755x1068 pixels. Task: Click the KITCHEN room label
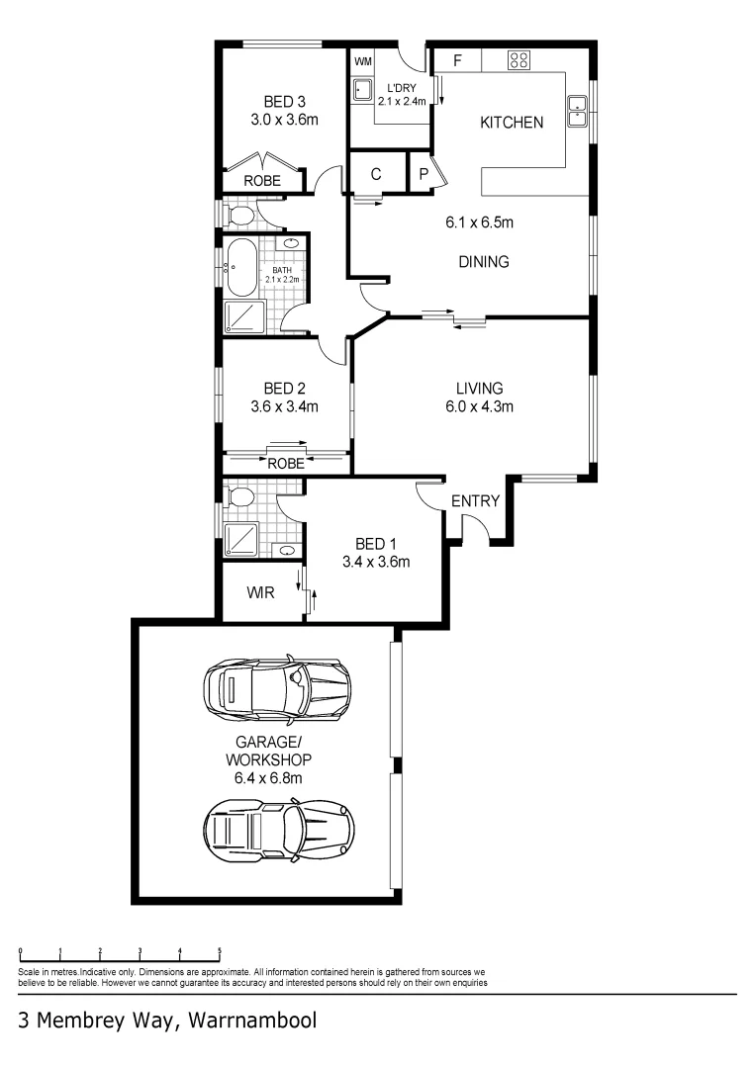[x=511, y=123]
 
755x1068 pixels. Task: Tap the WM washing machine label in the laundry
[x=362, y=61]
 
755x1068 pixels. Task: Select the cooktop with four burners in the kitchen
[x=519, y=59]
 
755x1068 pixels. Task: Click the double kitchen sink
[x=577, y=111]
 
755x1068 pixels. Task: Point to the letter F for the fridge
[x=457, y=60]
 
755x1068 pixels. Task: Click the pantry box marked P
[x=424, y=174]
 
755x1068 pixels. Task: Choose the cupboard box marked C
[x=376, y=174]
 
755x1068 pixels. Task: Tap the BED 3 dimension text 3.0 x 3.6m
[x=284, y=121]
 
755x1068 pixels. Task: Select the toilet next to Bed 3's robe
[x=237, y=213]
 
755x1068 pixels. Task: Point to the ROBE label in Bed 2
[x=285, y=462]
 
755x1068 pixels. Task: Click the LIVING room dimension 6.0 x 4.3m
[x=479, y=405]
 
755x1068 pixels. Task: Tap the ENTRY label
[x=475, y=501]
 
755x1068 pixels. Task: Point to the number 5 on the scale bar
[x=220, y=951]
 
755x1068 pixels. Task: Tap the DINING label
[x=484, y=262]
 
